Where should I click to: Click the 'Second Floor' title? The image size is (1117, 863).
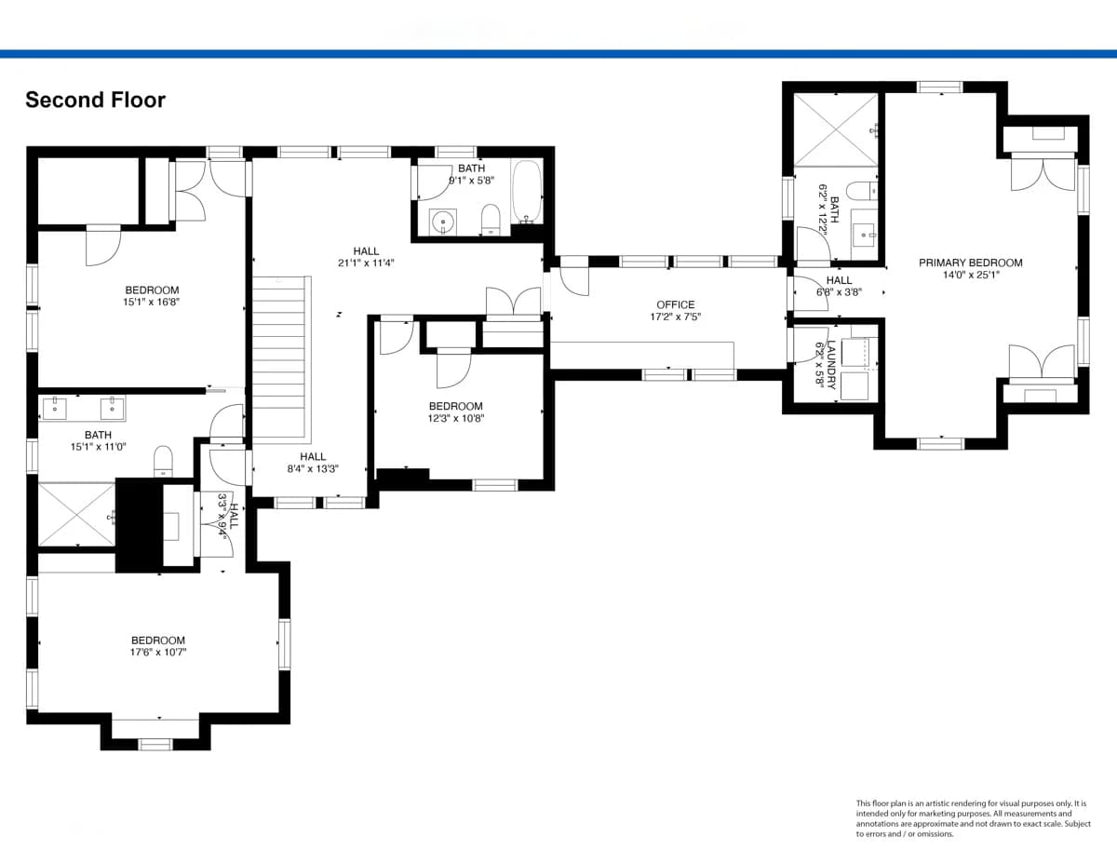point(96,101)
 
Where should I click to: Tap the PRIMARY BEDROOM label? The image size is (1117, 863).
point(971,263)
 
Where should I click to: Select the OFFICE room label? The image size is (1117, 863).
point(676,304)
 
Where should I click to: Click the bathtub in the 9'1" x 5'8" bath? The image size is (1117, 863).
point(527,191)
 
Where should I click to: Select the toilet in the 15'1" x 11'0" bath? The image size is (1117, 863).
point(164,461)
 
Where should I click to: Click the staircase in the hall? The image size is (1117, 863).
point(281,359)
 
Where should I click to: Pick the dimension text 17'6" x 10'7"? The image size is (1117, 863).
point(158,653)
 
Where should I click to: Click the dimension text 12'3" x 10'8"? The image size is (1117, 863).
point(456,418)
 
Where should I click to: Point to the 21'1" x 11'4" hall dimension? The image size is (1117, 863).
point(366,263)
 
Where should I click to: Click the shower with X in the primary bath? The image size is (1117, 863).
point(836,130)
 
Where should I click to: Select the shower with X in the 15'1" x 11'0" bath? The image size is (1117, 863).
point(76,515)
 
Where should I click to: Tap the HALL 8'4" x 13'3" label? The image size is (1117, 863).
point(313,463)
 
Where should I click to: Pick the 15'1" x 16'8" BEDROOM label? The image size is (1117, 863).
point(152,295)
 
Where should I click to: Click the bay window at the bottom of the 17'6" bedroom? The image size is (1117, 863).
point(155,744)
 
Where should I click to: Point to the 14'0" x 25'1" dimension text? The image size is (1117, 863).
point(971,275)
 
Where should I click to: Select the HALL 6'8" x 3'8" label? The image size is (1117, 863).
point(839,287)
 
